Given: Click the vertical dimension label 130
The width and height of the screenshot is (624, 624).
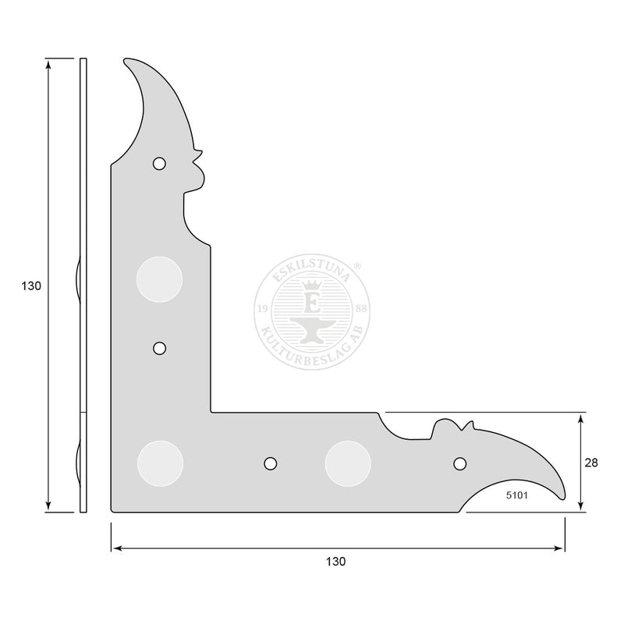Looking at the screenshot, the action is [31, 285].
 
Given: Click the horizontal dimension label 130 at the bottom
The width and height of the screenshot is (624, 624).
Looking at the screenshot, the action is [336, 562].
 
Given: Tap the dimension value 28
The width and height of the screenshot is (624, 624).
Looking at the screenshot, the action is [591, 463].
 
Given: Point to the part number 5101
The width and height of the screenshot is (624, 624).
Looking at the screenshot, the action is [517, 495].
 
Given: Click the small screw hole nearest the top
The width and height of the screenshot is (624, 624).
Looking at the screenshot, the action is [159, 163].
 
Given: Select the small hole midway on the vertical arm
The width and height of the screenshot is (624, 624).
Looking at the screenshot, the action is [160, 348].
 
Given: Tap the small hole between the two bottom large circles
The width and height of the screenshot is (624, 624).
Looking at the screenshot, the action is [271, 463].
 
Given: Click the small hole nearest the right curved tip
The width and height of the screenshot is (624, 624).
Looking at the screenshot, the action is [460, 463].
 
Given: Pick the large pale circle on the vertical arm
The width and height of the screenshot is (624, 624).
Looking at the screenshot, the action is [160, 279].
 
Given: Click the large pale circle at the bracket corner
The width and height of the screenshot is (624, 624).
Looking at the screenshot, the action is [161, 463].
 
